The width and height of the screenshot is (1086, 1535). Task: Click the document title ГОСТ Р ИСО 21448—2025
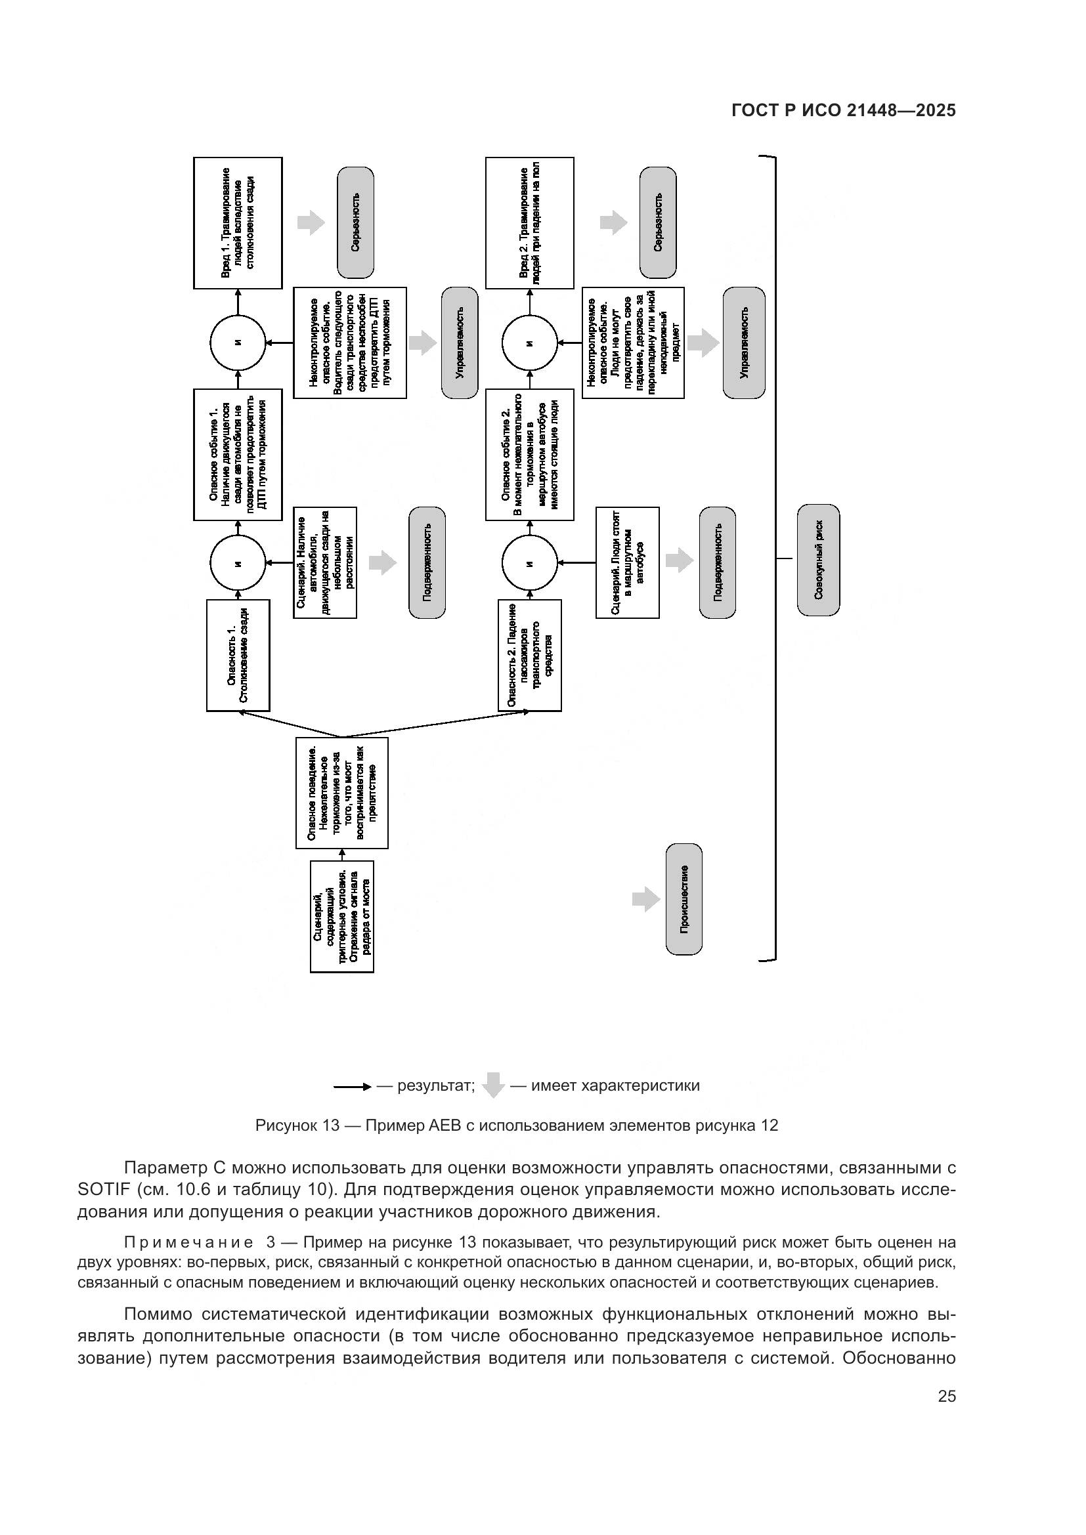pos(843,110)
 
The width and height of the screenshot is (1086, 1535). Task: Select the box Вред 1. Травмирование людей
pos(238,222)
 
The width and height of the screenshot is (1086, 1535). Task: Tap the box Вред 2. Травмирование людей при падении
pos(529,222)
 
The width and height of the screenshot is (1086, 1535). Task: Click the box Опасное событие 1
pos(238,454)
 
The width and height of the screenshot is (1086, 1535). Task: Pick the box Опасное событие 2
pos(529,454)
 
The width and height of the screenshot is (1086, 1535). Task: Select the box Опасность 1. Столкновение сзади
pos(238,654)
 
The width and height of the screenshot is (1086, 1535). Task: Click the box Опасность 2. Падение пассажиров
pos(529,654)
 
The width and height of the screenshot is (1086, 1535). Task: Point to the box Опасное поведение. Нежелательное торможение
pos(341,792)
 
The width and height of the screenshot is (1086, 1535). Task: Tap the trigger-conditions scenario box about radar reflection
pos(341,916)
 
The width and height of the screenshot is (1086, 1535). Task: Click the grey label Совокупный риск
pos(818,560)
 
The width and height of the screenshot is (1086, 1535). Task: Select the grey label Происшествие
pos(684,898)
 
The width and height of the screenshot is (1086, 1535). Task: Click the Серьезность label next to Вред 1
pos(355,222)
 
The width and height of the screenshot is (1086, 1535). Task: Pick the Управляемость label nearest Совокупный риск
pos(743,343)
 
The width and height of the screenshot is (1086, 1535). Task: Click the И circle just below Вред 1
pos(238,343)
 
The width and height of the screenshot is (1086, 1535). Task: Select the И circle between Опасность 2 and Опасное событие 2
pos(529,563)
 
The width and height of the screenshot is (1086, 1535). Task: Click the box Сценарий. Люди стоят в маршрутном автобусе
pos(626,562)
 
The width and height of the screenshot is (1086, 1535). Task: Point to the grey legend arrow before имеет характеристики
pos(493,1084)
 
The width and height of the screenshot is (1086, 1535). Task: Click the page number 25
pos(946,1396)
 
